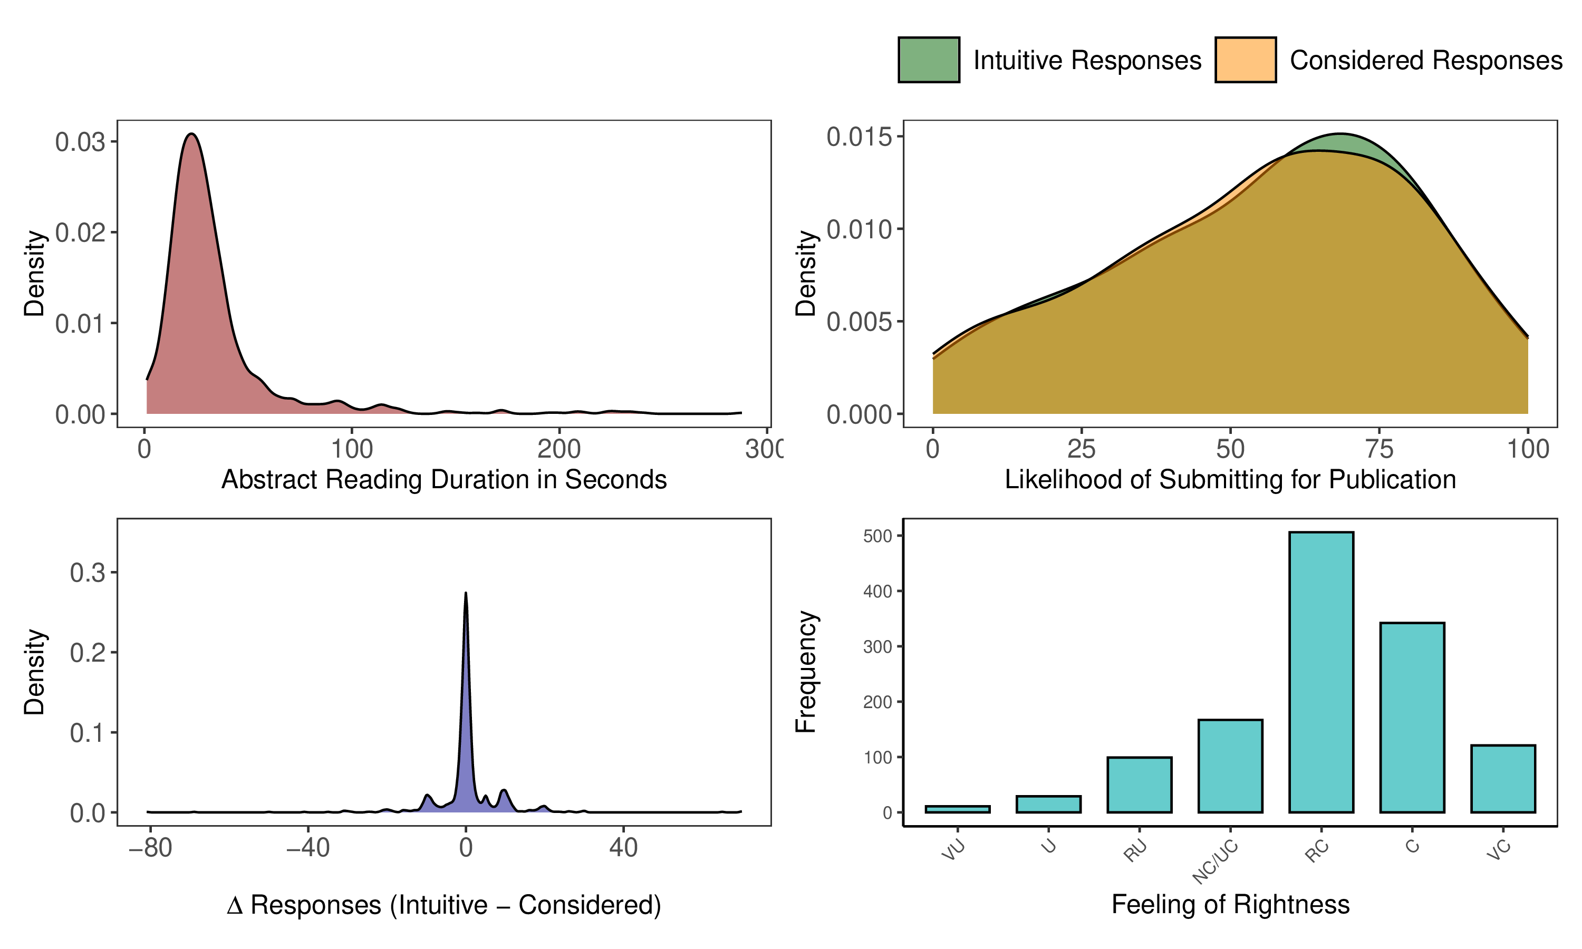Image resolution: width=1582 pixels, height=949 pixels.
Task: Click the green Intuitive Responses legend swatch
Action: click(929, 60)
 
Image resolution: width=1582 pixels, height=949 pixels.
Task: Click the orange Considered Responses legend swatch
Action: click(1245, 60)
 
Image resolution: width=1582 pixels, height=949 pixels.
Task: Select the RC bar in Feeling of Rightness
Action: click(1321, 672)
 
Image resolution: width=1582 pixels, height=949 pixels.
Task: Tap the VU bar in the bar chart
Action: click(957, 809)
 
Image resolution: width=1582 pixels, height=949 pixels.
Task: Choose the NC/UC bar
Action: click(1230, 766)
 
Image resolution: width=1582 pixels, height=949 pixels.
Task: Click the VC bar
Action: click(1503, 778)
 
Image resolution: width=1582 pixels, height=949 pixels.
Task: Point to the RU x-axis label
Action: click(1136, 851)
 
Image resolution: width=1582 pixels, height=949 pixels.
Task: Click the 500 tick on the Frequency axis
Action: click(877, 536)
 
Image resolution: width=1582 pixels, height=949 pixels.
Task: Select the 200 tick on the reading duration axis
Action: click(559, 449)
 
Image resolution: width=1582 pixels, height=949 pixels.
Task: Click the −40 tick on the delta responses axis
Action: click(307, 848)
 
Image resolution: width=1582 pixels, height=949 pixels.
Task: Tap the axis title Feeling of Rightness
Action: click(1230, 904)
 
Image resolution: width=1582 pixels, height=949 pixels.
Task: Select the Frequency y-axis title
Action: click(806, 672)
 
